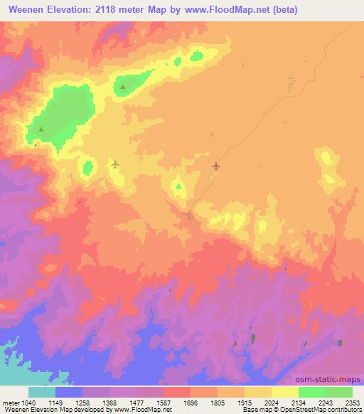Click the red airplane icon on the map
(216, 166)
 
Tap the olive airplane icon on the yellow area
(115, 164)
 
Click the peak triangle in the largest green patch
(41, 129)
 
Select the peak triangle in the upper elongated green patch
(123, 87)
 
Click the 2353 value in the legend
(352, 403)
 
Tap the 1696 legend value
(191, 403)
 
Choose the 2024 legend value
(272, 403)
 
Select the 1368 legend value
(109, 403)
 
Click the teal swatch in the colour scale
(42, 392)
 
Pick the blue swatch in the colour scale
(69, 392)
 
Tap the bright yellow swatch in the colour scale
(285, 392)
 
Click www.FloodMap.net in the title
(228, 10)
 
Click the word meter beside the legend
(11, 403)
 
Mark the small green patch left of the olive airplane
(88, 168)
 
